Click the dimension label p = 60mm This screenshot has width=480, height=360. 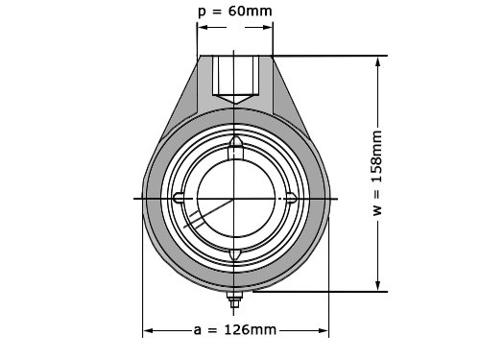pyautogui.click(x=235, y=12)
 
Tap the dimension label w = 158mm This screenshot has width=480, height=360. pyautogui.click(x=377, y=173)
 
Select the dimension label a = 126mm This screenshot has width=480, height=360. pyautogui.click(x=235, y=329)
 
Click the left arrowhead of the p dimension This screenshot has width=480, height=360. pyautogui.click(x=203, y=27)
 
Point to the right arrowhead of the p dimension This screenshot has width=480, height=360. pyautogui.click(x=268, y=27)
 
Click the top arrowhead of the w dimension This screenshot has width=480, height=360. pyautogui.click(x=378, y=61)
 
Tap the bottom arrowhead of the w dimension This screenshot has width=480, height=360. pyautogui.click(x=378, y=286)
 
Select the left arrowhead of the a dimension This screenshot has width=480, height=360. pyautogui.click(x=148, y=330)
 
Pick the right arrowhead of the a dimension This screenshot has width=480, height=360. pyautogui.click(x=324, y=330)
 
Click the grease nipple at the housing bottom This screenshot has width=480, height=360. pyautogui.click(x=234, y=300)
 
